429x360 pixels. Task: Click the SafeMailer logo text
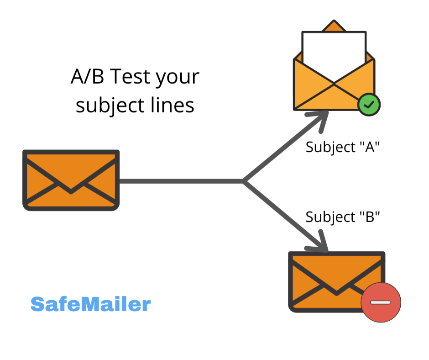pos(90,304)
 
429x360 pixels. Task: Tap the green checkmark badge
pos(369,105)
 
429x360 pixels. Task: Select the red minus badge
pos(381,302)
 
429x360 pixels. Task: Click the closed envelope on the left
pos(71,180)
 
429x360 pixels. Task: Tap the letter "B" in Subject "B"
pos(370,217)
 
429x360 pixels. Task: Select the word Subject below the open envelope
pos(330,148)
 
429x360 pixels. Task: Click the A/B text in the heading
pos(87,76)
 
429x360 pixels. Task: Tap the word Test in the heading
pos(130,76)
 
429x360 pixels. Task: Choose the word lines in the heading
pos(173,105)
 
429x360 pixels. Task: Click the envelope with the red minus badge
pos(337,281)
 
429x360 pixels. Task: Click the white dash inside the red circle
pos(380,302)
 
